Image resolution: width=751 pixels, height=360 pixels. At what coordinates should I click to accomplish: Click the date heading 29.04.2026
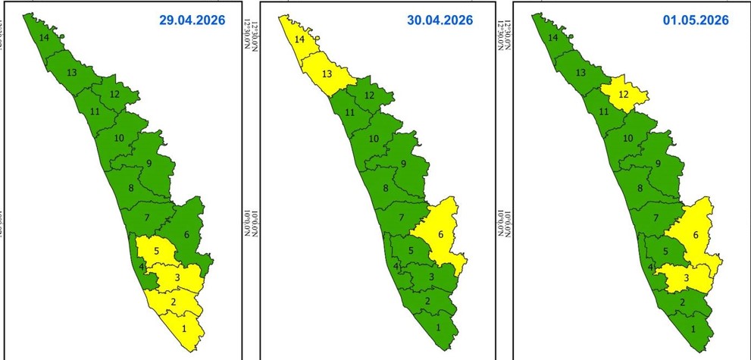[192, 20]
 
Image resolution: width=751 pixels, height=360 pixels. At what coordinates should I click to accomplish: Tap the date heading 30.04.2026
[440, 20]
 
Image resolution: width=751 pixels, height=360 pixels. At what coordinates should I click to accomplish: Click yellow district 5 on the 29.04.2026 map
[156, 250]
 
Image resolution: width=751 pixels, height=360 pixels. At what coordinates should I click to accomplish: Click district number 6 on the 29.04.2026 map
[186, 236]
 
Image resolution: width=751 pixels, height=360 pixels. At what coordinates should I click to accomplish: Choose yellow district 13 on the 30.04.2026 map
[327, 73]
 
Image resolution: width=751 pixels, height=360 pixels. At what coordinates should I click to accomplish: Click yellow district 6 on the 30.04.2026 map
[440, 236]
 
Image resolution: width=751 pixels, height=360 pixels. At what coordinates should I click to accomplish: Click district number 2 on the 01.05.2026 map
[682, 303]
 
